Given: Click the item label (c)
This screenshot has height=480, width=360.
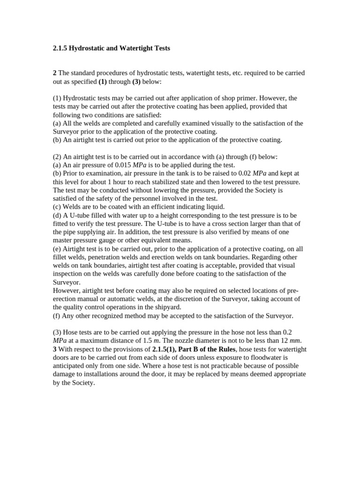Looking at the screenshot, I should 57,207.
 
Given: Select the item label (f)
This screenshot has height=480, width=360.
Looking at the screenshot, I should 57,316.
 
